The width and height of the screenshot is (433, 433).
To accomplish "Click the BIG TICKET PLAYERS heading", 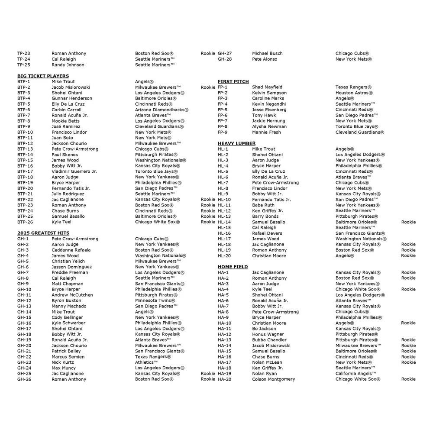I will tap(43, 76).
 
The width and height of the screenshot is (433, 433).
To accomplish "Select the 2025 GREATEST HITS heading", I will tap(43, 233).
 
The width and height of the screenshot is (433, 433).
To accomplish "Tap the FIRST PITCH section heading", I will tap(233, 82).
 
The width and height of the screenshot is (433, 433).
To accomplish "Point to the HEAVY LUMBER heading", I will tap(236, 143).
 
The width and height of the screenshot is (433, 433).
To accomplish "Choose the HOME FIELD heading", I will tap(233, 267).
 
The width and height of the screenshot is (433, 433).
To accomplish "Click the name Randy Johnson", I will tap(68, 65).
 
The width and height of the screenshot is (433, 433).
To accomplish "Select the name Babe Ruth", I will tap(263, 205).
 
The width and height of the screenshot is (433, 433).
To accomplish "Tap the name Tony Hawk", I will tap(264, 116).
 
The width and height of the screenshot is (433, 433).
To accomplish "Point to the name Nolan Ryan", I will tap(265, 374).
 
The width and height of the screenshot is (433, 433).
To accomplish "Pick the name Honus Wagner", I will tap(268, 334).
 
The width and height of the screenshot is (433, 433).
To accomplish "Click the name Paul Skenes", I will tap(65, 155).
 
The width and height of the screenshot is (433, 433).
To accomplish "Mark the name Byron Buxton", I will tap(66, 301).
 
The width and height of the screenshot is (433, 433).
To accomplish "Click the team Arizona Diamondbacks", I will tap(162, 110).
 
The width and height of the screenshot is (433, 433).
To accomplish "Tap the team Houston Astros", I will tap(354, 93).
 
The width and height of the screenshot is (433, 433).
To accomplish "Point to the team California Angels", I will tap(356, 374).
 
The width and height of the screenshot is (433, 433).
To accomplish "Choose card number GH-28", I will tap(225, 59).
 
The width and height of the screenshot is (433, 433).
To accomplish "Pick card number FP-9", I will tap(223, 132).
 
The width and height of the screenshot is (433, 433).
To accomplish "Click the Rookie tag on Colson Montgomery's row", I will tap(408, 379).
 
